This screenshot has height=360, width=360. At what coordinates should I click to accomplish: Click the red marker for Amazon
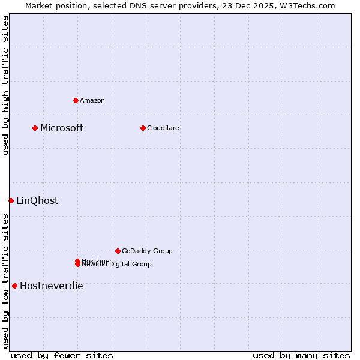pos(76,100)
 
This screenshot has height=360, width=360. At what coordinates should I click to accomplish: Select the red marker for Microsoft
pos(35,128)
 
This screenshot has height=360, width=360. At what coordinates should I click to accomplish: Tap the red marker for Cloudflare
pos(143,128)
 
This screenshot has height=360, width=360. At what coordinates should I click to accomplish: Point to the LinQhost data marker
pos(11,200)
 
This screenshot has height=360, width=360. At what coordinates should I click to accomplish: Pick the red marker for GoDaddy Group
pos(118,251)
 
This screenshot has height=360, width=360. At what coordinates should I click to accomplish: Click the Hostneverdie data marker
pos(14,286)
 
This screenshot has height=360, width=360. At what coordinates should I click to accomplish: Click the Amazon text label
pos(92,100)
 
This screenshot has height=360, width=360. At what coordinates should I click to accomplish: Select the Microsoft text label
pos(62,128)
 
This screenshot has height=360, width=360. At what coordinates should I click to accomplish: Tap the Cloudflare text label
pos(163,128)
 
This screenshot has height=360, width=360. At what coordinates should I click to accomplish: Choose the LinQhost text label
pos(37,200)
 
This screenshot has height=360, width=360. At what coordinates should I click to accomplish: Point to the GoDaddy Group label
pos(147,251)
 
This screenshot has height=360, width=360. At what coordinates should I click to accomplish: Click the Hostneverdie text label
pos(52,286)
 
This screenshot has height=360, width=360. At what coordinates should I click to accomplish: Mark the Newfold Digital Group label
pos(118,265)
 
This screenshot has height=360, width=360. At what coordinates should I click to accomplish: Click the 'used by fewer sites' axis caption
pos(62,355)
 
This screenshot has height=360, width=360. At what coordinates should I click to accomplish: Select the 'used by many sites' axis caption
pos(301,355)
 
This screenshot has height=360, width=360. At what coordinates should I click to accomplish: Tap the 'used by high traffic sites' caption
pos(5,85)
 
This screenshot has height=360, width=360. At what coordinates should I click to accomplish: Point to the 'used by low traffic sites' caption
pos(5,281)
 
